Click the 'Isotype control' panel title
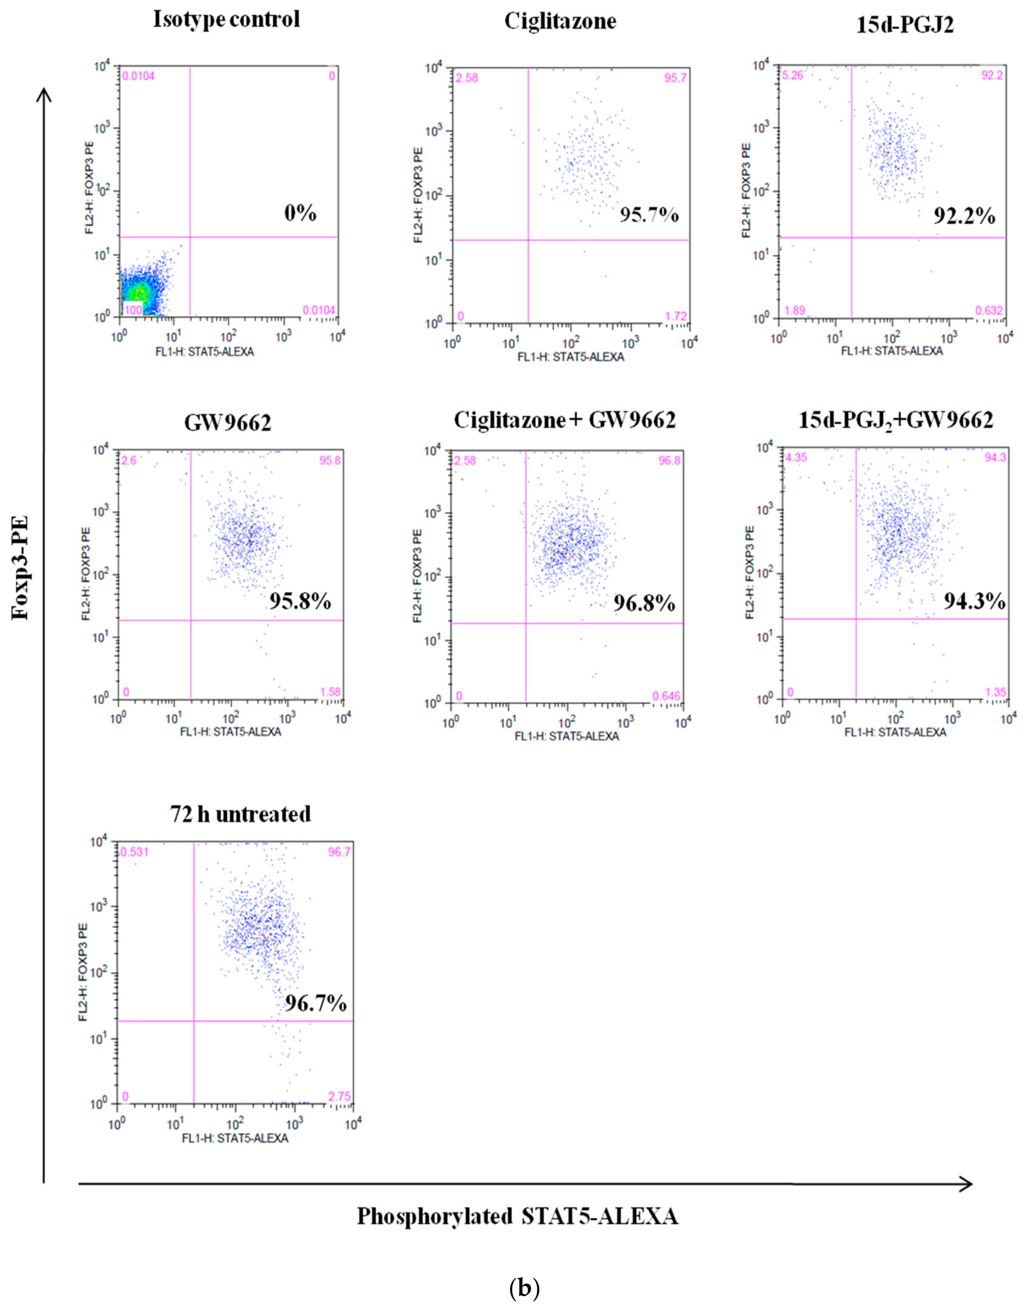click(x=226, y=20)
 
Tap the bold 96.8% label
click(x=644, y=603)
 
